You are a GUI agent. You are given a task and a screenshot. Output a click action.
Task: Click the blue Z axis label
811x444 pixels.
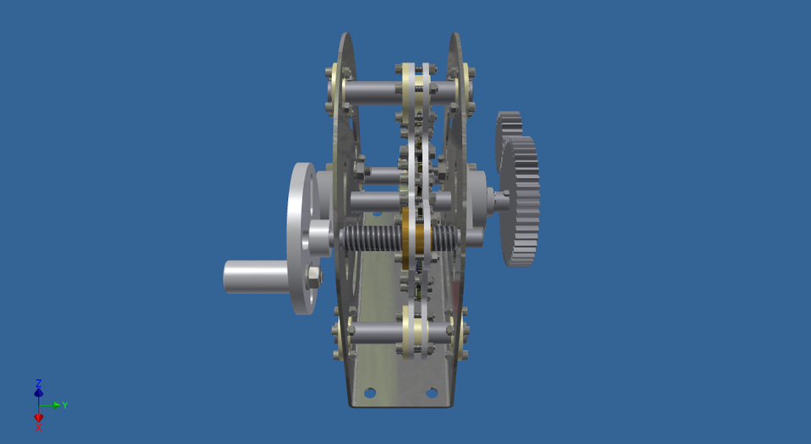click(39, 382)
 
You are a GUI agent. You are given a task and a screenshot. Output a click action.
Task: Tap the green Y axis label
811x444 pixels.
click(65, 405)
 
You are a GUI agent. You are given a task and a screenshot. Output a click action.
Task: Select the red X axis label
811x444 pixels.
click(39, 428)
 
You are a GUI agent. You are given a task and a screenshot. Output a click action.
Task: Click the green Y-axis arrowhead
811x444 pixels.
click(56, 405)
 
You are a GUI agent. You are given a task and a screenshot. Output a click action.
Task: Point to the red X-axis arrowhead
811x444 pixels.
click(39, 417)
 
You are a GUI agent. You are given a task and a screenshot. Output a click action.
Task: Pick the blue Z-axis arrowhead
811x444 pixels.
click(39, 392)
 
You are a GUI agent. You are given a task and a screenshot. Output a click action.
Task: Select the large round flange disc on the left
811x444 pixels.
click(298, 236)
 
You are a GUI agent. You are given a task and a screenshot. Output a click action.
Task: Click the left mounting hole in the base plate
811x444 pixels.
click(370, 393)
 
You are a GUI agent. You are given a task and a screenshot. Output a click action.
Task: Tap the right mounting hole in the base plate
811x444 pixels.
click(432, 393)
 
